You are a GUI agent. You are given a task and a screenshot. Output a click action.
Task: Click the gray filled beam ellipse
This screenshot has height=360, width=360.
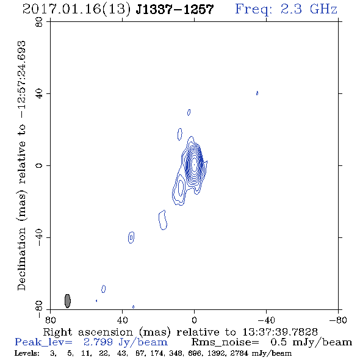68,301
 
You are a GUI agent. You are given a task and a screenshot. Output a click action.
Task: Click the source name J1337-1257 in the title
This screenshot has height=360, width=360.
175,9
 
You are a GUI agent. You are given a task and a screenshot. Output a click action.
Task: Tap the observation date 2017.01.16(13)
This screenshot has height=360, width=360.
77,9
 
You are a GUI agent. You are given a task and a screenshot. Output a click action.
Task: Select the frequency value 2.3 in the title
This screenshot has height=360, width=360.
291,9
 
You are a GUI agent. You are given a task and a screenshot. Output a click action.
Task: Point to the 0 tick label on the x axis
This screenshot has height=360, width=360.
194,320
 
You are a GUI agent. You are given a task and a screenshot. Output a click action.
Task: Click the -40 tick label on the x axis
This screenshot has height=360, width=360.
266,320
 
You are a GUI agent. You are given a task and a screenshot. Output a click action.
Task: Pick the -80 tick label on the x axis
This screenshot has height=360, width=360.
338,320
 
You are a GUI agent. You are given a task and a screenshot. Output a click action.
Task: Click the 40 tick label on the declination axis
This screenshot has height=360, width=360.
39,94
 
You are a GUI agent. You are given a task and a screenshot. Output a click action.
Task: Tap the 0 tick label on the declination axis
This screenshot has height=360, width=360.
39,165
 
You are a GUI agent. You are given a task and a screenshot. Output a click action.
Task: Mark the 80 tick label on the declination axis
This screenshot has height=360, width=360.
39,22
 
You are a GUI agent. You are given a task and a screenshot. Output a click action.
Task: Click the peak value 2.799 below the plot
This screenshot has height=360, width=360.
98,342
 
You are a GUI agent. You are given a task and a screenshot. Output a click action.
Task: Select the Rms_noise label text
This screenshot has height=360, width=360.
225,342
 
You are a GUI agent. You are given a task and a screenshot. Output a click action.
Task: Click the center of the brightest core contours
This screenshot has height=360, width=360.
194,165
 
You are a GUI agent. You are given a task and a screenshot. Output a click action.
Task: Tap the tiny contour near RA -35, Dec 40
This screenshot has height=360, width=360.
257,93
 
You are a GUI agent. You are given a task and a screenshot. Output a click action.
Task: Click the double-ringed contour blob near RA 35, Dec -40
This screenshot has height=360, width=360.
131,237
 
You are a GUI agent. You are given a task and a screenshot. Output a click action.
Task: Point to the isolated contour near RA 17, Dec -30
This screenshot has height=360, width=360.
163,220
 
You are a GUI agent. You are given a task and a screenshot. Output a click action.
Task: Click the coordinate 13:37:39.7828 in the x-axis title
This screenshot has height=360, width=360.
280,332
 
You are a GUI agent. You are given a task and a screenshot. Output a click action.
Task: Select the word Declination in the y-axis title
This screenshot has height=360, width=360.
21,259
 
